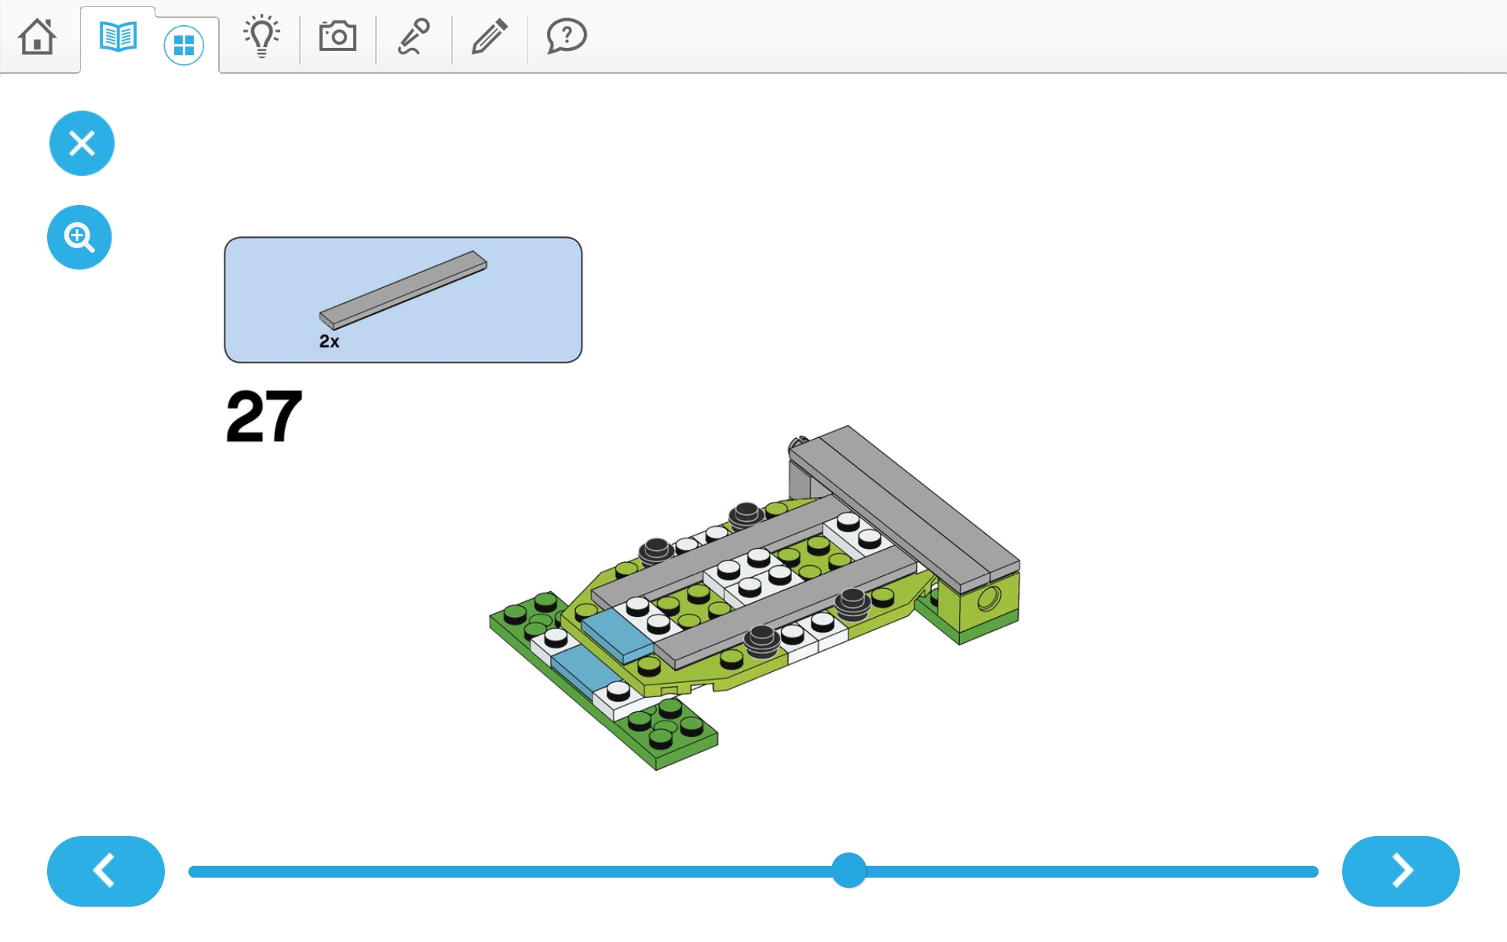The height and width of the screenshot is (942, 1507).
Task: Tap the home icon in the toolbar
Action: pos(37,36)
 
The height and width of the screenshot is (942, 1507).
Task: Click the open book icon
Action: pos(119,36)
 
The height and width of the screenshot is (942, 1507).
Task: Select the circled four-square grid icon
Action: pos(184,45)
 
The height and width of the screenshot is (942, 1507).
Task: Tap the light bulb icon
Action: pos(261,36)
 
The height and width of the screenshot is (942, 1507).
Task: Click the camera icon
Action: pos(338,36)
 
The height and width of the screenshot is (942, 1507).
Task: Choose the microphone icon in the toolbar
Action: pos(414,36)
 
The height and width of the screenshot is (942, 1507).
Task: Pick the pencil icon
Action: pos(490,36)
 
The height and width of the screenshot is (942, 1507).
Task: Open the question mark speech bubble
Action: pos(566,36)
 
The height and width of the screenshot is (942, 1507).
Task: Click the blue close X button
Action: pos(82,143)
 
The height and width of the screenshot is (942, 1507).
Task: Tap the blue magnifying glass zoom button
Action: pos(79,237)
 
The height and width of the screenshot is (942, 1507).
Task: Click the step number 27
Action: pos(264,416)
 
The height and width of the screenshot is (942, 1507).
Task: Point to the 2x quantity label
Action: pos(329,341)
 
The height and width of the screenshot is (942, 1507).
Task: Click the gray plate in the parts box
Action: pos(403,290)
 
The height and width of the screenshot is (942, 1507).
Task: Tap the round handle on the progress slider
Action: pos(848,871)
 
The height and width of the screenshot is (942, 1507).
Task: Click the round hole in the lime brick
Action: pos(988,599)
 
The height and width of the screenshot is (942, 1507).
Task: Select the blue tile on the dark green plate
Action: pos(585,669)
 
